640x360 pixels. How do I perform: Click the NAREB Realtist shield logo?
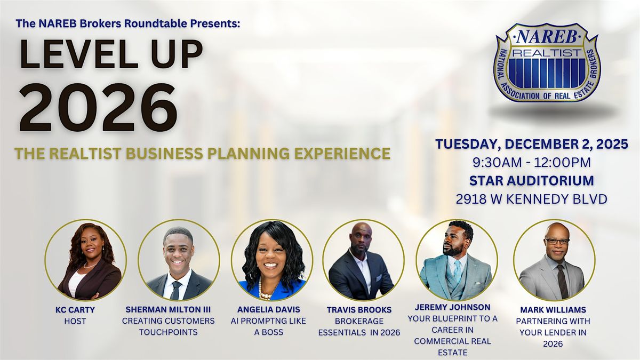pos(547,63)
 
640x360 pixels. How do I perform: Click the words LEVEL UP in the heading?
pos(111,55)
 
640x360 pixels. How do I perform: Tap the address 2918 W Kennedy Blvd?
pos(531,199)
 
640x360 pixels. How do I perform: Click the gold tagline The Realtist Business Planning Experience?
pos(202,154)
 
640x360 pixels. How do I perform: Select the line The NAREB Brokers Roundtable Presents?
pos(129,23)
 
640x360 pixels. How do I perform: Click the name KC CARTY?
pos(85,310)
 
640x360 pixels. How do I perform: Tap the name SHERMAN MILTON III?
pos(169,310)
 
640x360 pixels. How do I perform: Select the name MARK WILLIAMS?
pos(554,310)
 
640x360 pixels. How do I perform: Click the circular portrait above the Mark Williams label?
pos(554,260)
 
